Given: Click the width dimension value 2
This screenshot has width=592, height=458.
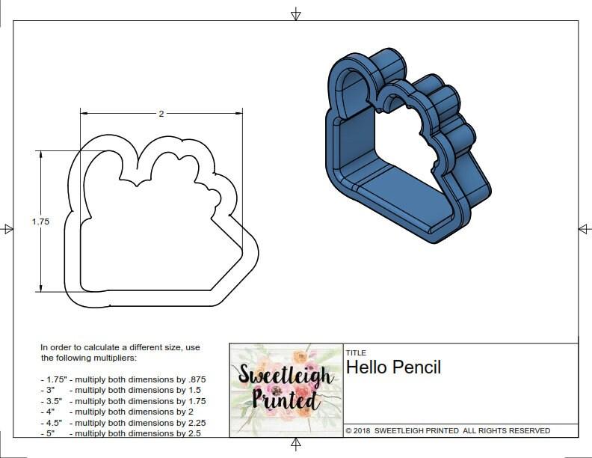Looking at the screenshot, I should (x=161, y=114).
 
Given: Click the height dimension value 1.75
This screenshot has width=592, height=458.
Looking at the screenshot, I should (x=40, y=222).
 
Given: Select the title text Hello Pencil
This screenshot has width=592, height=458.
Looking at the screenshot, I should (x=393, y=367).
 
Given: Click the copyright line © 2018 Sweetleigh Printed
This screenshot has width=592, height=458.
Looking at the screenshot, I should (x=448, y=431).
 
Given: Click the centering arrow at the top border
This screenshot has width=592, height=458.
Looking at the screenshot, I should (x=296, y=13).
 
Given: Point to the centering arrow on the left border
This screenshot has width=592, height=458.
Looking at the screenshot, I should (x=7, y=228).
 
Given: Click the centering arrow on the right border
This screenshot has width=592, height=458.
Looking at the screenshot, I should (x=584, y=228).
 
